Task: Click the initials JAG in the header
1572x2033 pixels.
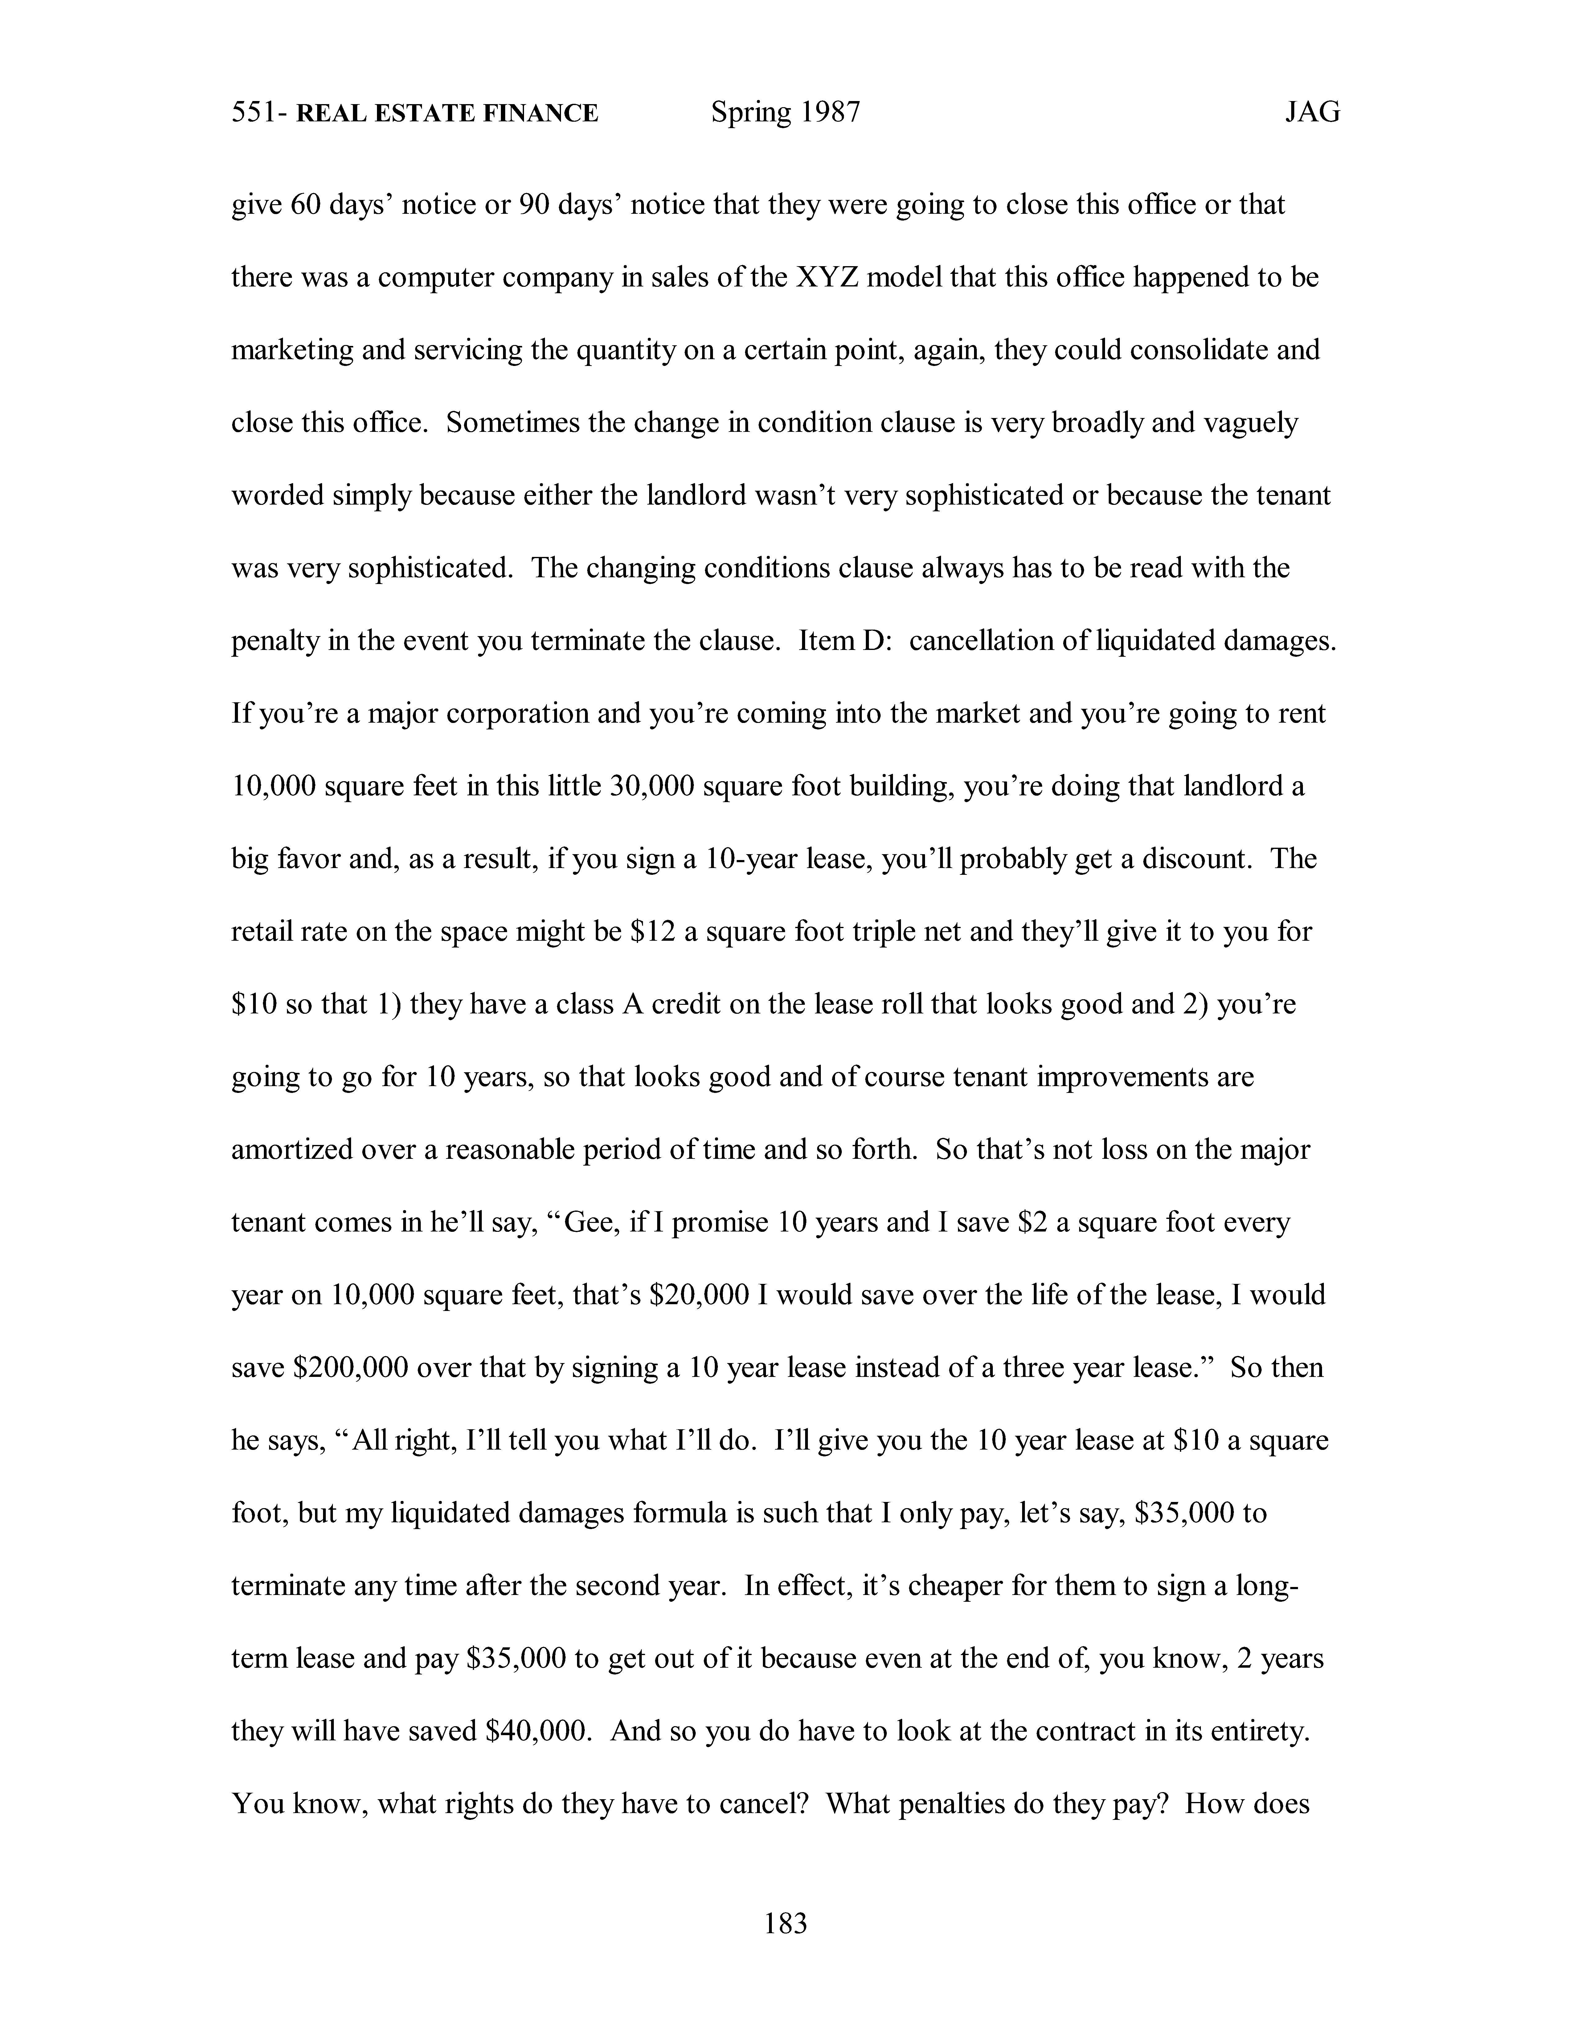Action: [1312, 113]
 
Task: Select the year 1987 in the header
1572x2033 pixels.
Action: [830, 113]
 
